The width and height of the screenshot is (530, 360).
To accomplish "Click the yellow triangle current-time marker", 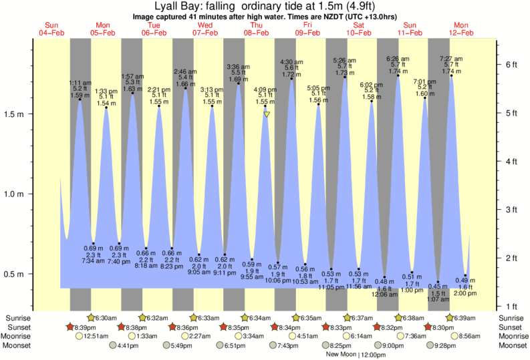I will (267, 114).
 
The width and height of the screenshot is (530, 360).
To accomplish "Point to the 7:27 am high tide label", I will (452, 59).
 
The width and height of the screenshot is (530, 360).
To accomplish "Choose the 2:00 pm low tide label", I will (465, 293).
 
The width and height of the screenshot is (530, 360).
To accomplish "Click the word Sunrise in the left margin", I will (17, 318).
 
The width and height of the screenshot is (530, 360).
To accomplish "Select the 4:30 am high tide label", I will (292, 62).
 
